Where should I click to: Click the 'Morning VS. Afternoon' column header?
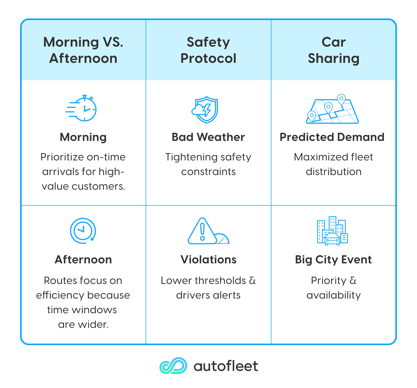[x=83, y=50]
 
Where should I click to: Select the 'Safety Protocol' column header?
[x=208, y=50]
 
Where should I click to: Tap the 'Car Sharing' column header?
[x=333, y=50]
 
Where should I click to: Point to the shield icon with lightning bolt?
[x=206, y=109]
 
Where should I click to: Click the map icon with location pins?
[x=332, y=110]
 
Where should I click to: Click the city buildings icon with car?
[x=332, y=231]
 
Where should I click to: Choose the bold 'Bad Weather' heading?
[x=208, y=137]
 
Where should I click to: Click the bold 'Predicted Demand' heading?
[x=332, y=137]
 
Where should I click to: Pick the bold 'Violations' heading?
[x=208, y=260]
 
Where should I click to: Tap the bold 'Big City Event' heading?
[x=333, y=260]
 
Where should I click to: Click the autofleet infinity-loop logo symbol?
[x=173, y=366]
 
